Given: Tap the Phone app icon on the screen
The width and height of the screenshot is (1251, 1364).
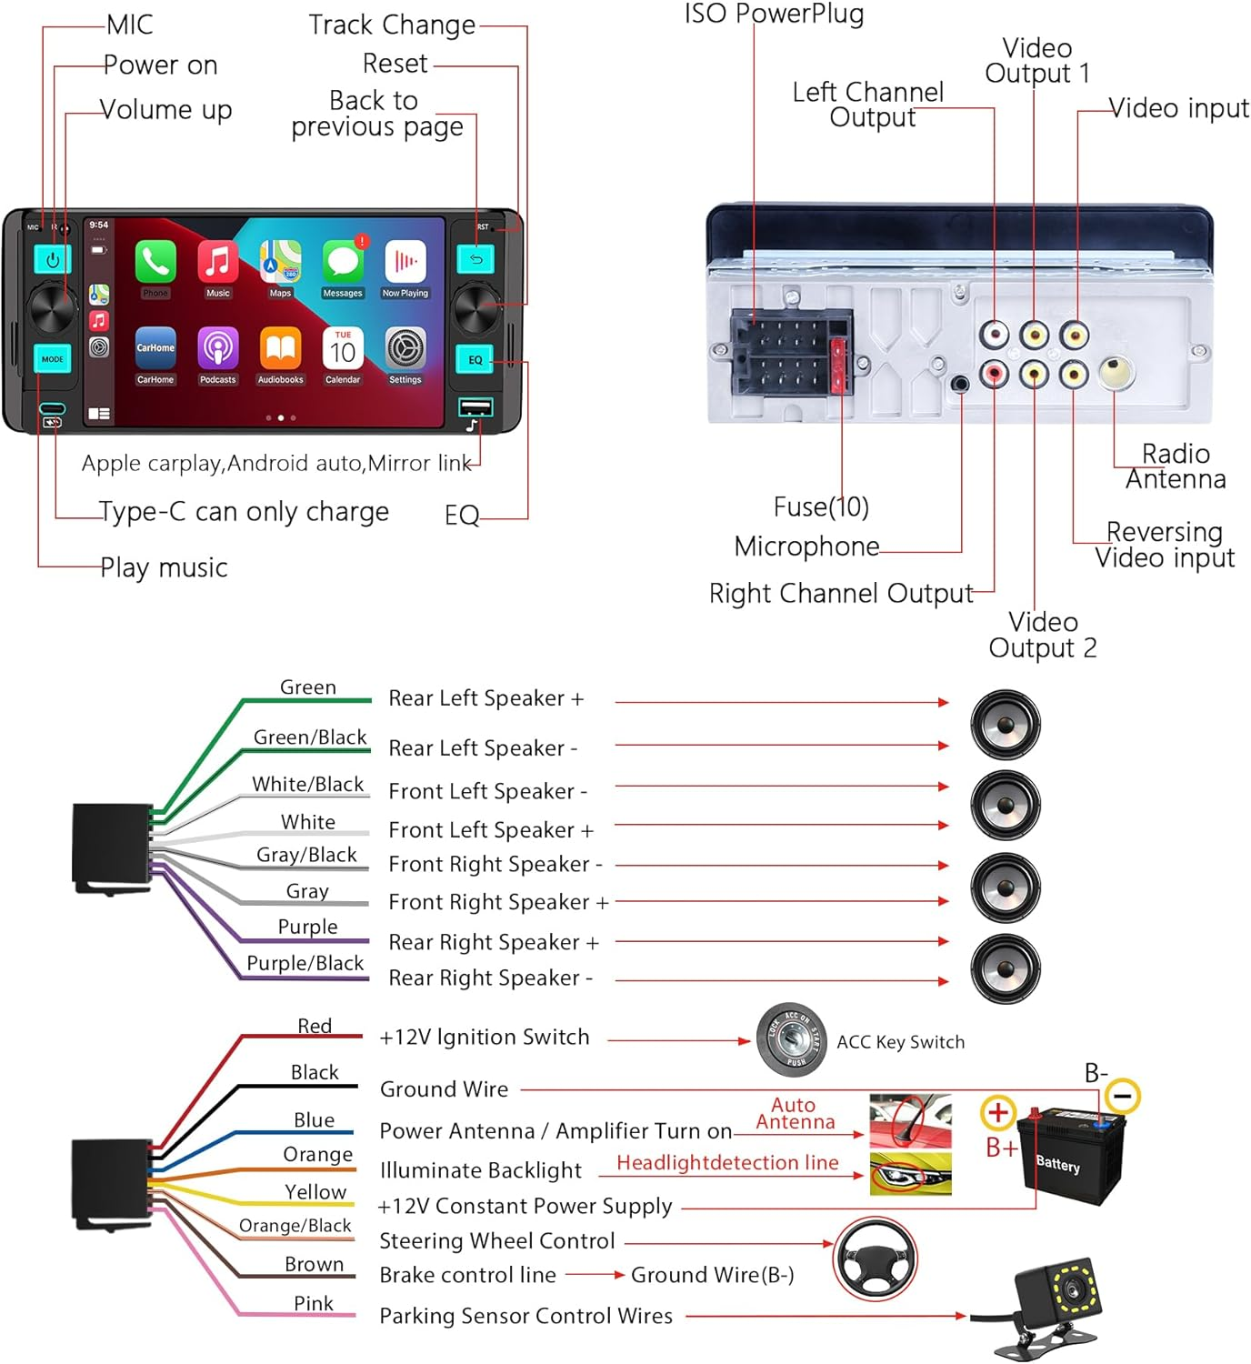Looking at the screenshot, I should (155, 262).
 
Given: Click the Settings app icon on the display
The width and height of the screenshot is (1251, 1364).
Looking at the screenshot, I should (405, 349).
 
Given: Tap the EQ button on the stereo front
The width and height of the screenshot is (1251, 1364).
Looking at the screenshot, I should (475, 359).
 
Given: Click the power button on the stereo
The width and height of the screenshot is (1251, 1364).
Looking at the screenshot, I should (53, 260).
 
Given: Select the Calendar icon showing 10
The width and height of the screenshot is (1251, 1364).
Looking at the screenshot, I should (343, 349).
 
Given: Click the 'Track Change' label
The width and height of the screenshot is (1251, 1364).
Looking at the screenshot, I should (392, 25).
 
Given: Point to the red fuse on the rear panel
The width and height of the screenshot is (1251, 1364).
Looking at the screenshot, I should (838, 365).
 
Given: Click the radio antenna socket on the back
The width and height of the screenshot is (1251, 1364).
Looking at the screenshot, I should (1116, 371).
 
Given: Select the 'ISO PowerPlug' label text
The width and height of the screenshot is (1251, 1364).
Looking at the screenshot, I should (774, 13).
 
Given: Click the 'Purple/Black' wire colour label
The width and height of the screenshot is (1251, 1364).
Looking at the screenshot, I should (305, 963).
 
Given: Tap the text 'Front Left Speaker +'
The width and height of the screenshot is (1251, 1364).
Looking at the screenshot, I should (491, 830).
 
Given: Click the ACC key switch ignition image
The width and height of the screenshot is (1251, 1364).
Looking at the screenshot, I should (792, 1037).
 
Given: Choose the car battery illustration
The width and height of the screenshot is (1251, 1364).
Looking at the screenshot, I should (1071, 1155).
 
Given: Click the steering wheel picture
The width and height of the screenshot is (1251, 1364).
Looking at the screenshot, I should (875, 1259).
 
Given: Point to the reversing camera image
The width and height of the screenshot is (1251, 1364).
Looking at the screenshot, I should (1055, 1300).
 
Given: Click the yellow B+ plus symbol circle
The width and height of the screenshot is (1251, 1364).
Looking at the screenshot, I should (997, 1112).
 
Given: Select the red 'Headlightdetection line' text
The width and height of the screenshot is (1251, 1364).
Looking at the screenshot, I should (727, 1163).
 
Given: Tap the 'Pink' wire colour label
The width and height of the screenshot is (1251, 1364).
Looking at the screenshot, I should (314, 1303).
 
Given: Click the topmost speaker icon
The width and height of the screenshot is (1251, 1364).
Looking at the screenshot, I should (1005, 725).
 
